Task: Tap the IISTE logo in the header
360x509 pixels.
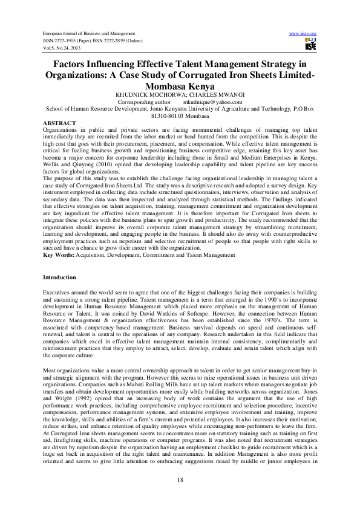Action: (x=311, y=44)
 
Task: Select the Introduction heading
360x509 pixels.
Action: (x=59, y=277)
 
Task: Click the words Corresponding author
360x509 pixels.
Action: (x=144, y=103)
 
